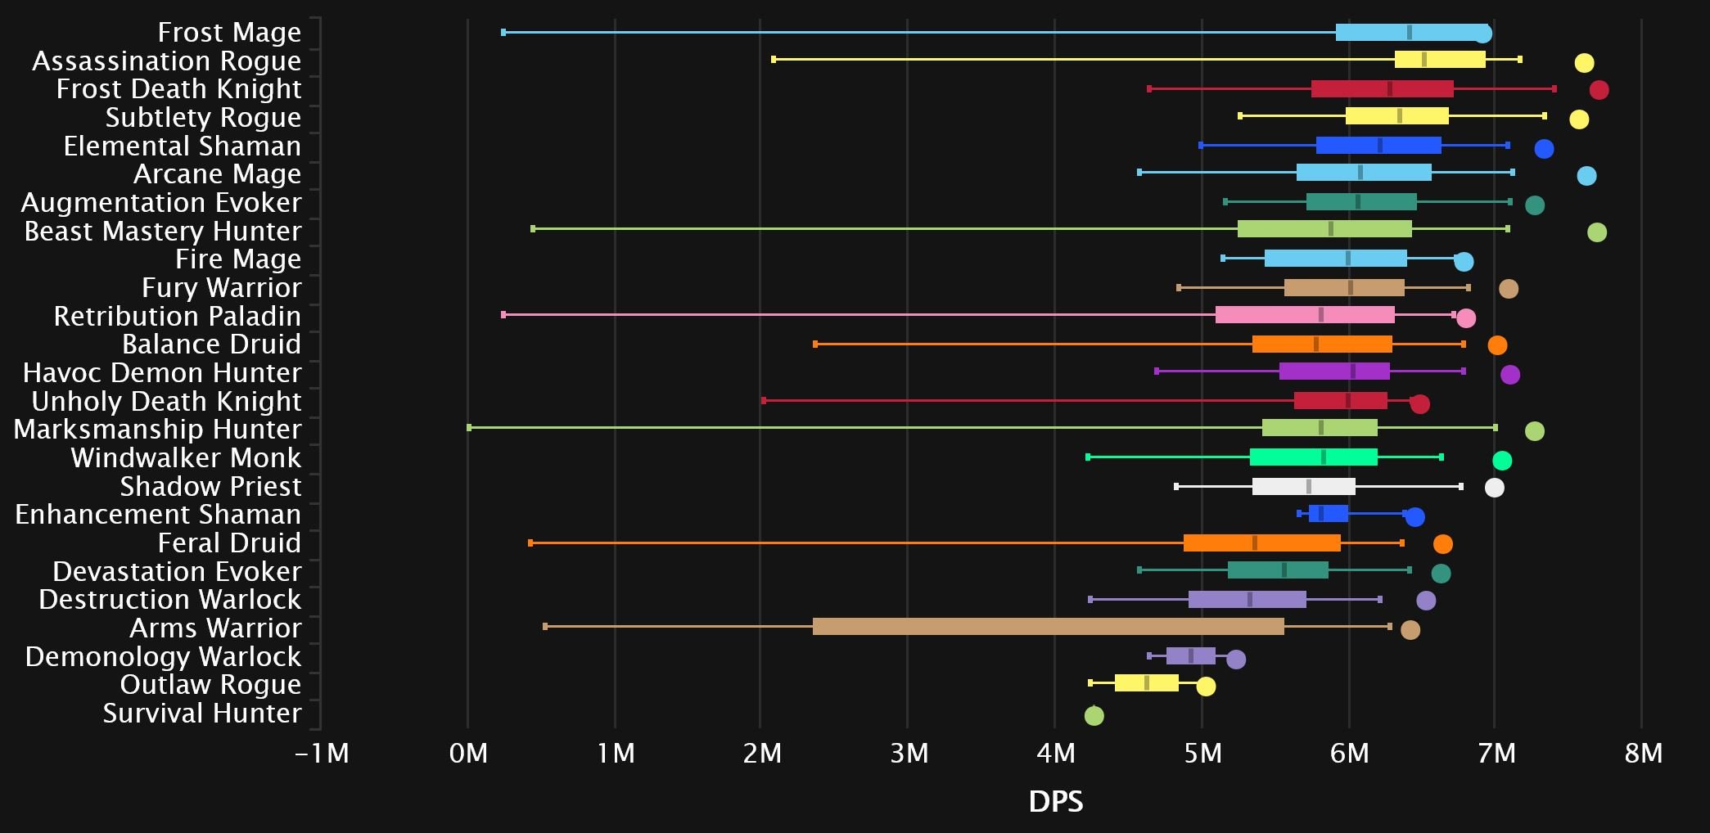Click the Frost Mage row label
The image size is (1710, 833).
pyautogui.click(x=229, y=33)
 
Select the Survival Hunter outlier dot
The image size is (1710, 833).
pyautogui.click(x=1094, y=716)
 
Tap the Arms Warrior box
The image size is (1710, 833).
pyautogui.click(x=1048, y=627)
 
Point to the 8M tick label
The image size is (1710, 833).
pyautogui.click(x=1643, y=753)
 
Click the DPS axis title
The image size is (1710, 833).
pyautogui.click(x=1055, y=802)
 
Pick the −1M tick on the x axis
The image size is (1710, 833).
pyautogui.click(x=322, y=753)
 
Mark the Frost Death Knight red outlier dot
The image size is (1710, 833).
pyautogui.click(x=1599, y=90)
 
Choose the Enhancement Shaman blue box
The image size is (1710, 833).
pyautogui.click(x=1328, y=514)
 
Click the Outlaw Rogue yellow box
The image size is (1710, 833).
pyautogui.click(x=1146, y=683)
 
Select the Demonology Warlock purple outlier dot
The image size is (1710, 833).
pyautogui.click(x=1236, y=660)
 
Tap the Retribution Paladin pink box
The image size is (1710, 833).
pyautogui.click(x=1305, y=315)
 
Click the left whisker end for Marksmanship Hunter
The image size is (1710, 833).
pyautogui.click(x=469, y=428)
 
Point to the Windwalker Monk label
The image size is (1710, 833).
pyautogui.click(x=186, y=458)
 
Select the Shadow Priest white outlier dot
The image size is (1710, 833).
pyautogui.click(x=1494, y=489)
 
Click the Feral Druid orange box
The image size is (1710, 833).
pyautogui.click(x=1261, y=543)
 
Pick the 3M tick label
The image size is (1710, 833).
pyautogui.click(x=909, y=753)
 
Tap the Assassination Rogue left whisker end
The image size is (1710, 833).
pyautogui.click(x=774, y=60)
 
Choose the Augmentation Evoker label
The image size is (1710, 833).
pyautogui.click(x=161, y=203)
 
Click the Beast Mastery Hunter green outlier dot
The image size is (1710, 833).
pyautogui.click(x=1596, y=232)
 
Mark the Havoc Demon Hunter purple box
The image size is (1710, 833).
pyautogui.click(x=1334, y=371)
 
